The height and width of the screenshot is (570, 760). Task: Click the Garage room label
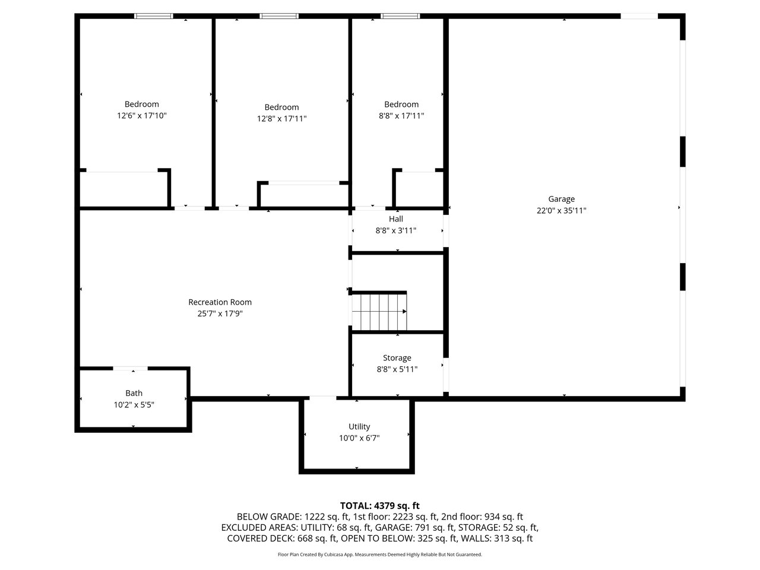tap(561, 199)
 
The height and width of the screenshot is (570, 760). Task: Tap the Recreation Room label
tap(220, 302)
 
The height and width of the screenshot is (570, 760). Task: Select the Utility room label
tap(359, 427)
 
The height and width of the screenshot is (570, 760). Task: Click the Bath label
tap(134, 393)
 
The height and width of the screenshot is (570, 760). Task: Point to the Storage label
tap(397, 358)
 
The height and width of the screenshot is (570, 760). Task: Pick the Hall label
tap(396, 218)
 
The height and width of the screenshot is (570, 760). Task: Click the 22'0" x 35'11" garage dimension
tap(561, 210)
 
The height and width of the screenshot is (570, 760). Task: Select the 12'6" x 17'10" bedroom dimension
tap(142, 116)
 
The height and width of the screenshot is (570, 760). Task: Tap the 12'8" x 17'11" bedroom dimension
tap(281, 119)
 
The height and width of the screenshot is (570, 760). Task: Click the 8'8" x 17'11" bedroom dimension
tap(401, 116)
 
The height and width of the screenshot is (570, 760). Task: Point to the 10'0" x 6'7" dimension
tap(359, 438)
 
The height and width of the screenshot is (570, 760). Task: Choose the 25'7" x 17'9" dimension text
tap(220, 313)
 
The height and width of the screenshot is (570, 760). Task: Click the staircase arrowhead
tap(404, 312)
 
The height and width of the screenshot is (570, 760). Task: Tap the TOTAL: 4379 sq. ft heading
tap(380, 506)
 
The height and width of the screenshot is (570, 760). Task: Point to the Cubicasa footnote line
tap(380, 555)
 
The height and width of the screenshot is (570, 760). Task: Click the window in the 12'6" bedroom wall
tap(153, 16)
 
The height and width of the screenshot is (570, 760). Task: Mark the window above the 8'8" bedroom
tap(400, 16)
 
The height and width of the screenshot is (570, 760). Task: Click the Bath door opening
tap(131, 369)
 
